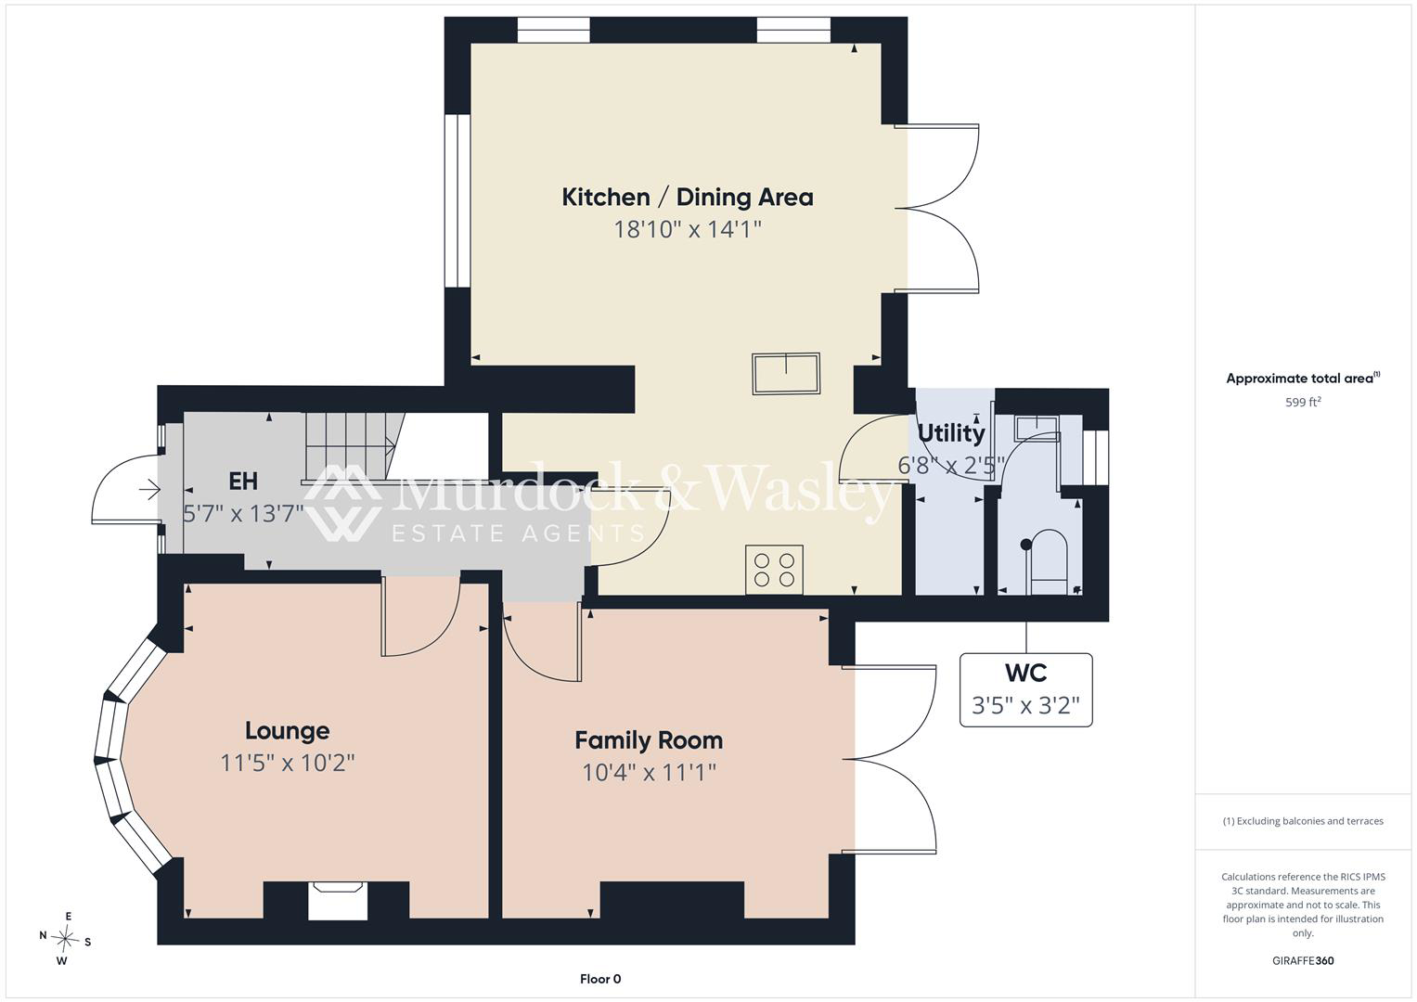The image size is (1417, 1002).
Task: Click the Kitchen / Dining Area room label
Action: pos(688,198)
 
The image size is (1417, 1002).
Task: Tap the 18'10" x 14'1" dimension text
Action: pos(688,229)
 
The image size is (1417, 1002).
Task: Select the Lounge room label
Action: pos(287,731)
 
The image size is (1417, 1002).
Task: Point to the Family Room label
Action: pos(649,740)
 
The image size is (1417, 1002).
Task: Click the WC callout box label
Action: pos(1025,673)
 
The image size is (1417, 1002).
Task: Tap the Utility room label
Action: pos(951,434)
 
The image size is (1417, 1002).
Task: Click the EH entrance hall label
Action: pos(243,482)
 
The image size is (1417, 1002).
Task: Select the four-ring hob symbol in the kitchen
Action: pos(774,570)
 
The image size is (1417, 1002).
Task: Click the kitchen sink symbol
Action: pos(786,373)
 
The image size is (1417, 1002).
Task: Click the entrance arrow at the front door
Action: pos(149,490)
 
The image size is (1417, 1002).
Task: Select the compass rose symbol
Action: pos(65,939)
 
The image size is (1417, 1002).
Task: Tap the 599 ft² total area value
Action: pos(1303,402)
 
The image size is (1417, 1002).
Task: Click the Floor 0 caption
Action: pos(600,979)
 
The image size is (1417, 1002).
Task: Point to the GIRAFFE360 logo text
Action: pos(1303,960)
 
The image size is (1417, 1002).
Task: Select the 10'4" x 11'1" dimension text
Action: pos(649,772)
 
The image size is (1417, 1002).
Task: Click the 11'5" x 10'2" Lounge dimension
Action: pos(287,763)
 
